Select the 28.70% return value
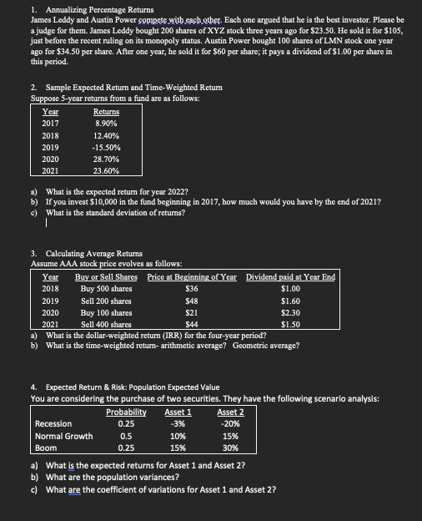click(x=106, y=157)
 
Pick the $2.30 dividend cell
click(x=291, y=311)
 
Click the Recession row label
click(x=53, y=423)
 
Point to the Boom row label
click(x=45, y=447)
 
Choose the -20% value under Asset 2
click(x=230, y=423)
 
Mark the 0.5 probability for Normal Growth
click(x=127, y=435)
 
